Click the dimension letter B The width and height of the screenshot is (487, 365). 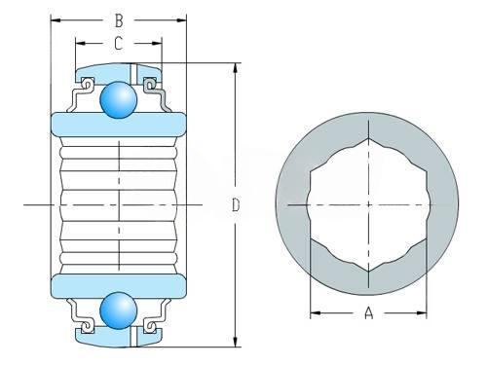[119, 20]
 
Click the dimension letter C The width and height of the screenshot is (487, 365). [119, 43]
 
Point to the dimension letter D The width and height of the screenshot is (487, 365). [236, 205]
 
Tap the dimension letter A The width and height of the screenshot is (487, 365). [368, 312]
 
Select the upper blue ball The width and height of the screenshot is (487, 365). [119, 99]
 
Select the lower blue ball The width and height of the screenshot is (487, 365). [119, 310]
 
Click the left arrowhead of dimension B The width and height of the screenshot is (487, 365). [56, 20]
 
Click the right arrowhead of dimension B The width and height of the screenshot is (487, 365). [181, 20]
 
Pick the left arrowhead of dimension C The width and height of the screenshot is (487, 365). [81, 43]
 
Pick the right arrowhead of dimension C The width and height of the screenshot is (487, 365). [157, 43]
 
